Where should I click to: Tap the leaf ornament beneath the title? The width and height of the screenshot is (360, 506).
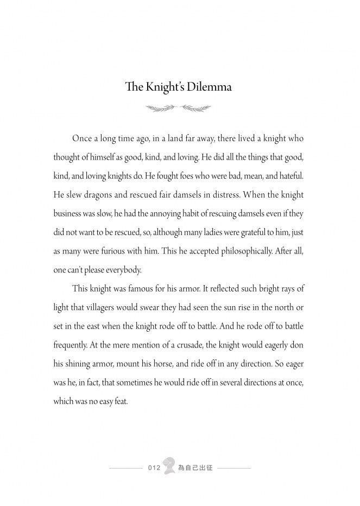pos(180,109)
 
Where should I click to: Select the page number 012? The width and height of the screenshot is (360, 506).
pos(154,467)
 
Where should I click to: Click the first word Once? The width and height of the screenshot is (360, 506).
pos(83,138)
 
